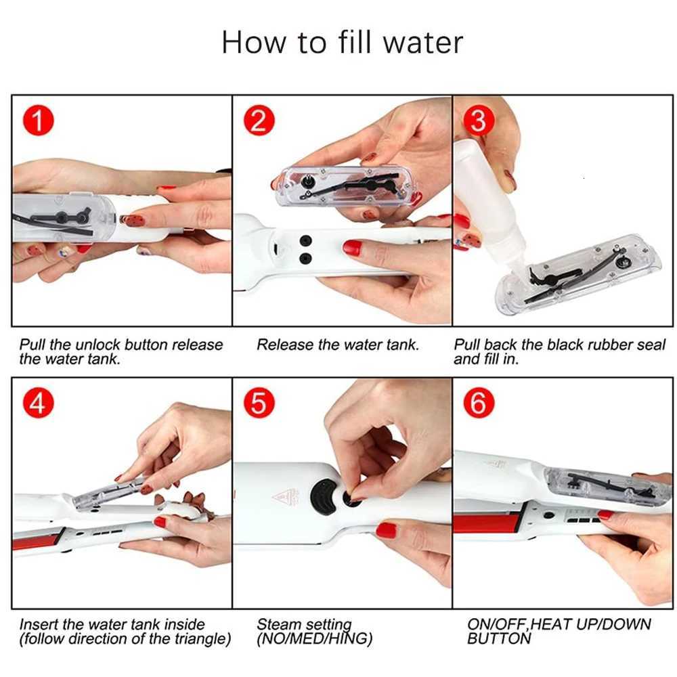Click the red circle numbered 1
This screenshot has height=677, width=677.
(39, 122)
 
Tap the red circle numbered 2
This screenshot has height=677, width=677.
(258, 122)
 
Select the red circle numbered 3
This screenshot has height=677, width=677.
(478, 122)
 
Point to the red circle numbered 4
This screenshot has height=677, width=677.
(39, 404)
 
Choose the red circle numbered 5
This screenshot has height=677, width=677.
(258, 404)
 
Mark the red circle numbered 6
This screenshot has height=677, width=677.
(478, 404)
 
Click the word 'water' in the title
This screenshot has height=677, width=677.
(423, 42)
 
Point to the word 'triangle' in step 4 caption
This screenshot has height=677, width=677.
(195, 638)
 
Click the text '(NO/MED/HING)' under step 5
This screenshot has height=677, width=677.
(314, 638)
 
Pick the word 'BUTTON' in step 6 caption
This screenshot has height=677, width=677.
(499, 638)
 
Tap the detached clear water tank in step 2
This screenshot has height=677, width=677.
(345, 185)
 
